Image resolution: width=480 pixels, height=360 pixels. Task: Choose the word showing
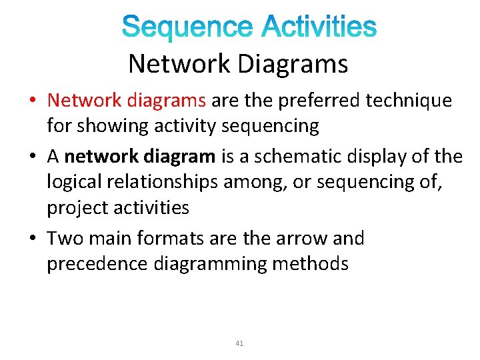point(107,125)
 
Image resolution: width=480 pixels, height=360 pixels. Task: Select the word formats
point(163,239)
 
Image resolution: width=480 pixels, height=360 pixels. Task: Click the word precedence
point(97,264)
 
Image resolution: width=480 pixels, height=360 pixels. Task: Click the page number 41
point(240,344)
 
